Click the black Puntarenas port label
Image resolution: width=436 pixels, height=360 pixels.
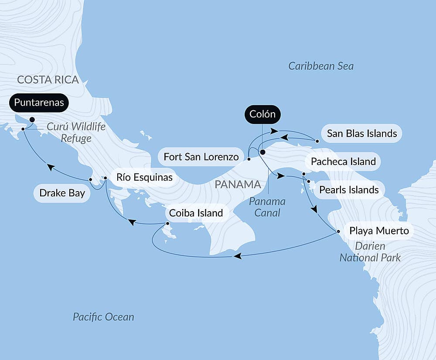pyautogui.click(x=39, y=103)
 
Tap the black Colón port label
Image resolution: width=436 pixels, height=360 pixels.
pyautogui.click(x=262, y=114)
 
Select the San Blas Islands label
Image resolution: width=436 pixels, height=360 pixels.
pyautogui.click(x=362, y=134)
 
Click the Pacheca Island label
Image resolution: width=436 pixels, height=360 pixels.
pyautogui.click(x=343, y=161)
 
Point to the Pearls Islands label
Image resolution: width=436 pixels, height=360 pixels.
pyautogui.click(x=349, y=190)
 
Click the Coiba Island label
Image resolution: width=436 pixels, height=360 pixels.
pyautogui.click(x=196, y=213)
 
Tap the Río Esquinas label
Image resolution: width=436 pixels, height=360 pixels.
pyautogui.click(x=144, y=177)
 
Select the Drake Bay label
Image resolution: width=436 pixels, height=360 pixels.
pyautogui.click(x=62, y=193)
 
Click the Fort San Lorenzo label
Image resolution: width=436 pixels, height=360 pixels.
pyautogui.click(x=201, y=156)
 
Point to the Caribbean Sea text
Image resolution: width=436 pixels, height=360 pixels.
pyautogui.click(x=321, y=66)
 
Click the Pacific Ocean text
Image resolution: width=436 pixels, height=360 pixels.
pyautogui.click(x=103, y=317)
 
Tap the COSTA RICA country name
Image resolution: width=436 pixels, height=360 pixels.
pyautogui.click(x=48, y=79)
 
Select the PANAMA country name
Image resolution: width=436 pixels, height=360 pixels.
pyautogui.click(x=238, y=185)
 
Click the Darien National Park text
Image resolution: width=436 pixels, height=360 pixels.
pyautogui.click(x=370, y=252)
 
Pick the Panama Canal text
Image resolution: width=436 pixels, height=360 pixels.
pyautogui.click(x=267, y=207)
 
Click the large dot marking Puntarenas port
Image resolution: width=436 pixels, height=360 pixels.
pyautogui.click(x=32, y=119)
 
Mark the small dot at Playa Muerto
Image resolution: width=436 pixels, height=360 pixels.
pyautogui.click(x=338, y=231)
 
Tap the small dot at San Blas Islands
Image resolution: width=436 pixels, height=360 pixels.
pyautogui.click(x=317, y=141)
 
